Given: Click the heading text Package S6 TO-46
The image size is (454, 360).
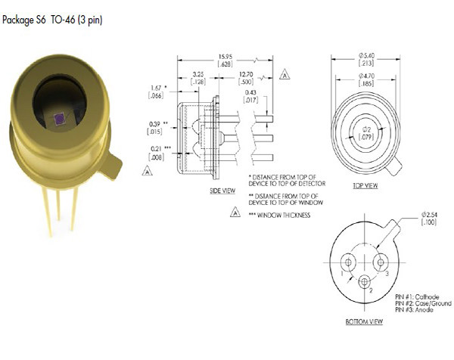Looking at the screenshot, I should pos(52,20).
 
